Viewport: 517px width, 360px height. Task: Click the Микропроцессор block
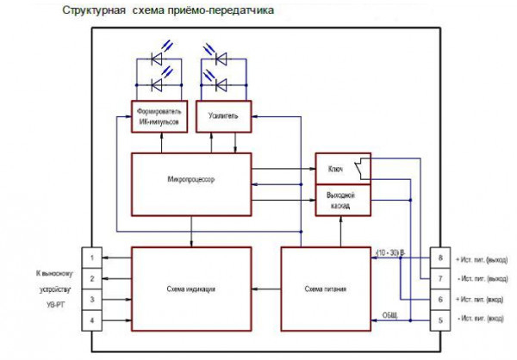(190, 183)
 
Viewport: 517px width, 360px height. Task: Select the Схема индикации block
(190, 289)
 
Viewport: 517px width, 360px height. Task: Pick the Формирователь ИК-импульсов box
(156, 116)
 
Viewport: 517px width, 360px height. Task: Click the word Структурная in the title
(89, 12)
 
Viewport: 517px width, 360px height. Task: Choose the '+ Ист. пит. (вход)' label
(483, 299)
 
